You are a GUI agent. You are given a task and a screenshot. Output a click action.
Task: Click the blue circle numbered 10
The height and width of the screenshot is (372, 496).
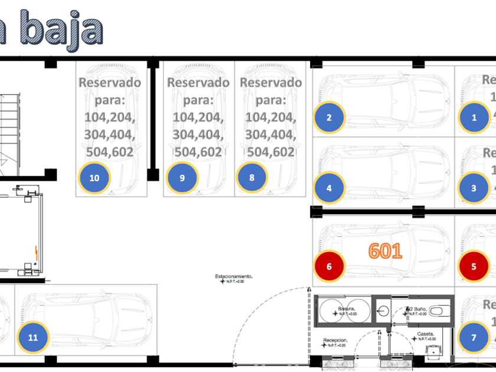[94, 177]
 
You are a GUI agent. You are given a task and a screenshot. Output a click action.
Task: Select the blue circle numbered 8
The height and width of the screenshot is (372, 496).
[252, 177]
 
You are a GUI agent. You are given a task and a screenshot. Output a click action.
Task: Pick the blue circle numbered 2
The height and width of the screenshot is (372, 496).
[329, 117]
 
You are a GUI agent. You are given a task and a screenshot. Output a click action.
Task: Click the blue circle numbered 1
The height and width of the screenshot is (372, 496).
[474, 117]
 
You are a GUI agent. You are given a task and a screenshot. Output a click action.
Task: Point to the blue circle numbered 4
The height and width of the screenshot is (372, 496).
[329, 189]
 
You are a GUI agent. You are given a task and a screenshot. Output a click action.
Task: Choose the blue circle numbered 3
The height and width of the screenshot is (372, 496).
[474, 189]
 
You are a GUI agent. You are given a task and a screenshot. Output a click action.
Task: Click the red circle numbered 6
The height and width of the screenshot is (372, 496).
[329, 266]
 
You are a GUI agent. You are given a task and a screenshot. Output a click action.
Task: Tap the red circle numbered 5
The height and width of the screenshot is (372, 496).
[474, 266]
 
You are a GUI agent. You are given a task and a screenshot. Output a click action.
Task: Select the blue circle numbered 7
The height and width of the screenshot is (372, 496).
[474, 338]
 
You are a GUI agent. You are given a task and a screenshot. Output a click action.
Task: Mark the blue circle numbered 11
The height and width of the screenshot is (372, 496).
[33, 338]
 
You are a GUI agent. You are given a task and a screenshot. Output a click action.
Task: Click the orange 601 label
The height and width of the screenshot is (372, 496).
[385, 251]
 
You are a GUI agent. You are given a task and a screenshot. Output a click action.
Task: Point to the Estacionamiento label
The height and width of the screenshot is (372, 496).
[234, 276]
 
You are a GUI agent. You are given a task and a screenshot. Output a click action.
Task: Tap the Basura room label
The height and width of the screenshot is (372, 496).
[346, 309]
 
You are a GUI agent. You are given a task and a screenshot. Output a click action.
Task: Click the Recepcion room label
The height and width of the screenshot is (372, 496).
[334, 341]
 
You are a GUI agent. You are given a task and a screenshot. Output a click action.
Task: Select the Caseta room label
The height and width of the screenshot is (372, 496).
[425, 334]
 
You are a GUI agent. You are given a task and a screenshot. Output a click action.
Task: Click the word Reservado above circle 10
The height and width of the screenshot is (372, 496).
[110, 82]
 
